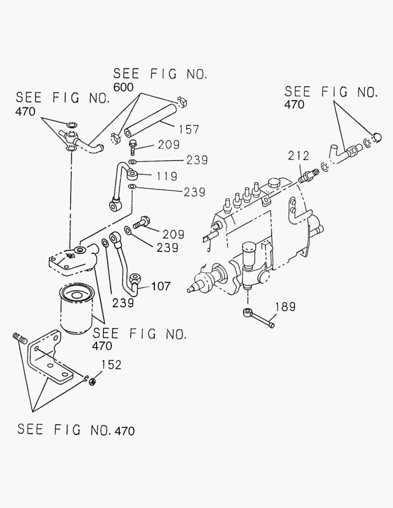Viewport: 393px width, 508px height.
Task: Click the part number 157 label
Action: [189, 129]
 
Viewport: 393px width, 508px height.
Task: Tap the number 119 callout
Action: [167, 176]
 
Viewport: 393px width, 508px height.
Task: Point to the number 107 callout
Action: [160, 286]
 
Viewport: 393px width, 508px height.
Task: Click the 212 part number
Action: [299, 156]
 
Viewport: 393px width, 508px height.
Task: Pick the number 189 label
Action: [285, 307]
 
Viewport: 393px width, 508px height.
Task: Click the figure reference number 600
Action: [123, 87]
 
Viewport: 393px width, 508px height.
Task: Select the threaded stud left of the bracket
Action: [18, 337]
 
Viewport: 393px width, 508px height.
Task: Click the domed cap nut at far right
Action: [376, 137]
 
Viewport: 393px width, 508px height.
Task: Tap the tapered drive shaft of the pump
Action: [197, 287]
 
